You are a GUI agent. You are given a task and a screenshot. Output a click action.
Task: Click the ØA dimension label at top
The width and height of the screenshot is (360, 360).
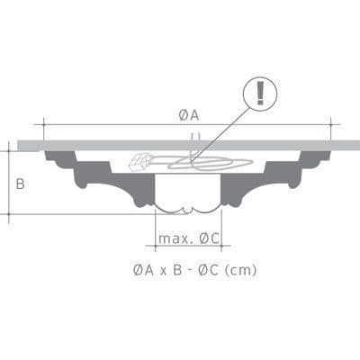(x=188, y=114)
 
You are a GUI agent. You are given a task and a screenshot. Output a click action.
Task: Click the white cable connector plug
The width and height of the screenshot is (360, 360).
(x=139, y=163)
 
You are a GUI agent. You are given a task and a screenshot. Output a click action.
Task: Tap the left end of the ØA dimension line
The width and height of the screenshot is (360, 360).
(x=44, y=124)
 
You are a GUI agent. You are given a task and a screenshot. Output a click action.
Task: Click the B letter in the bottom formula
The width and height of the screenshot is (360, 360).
(x=177, y=269)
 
